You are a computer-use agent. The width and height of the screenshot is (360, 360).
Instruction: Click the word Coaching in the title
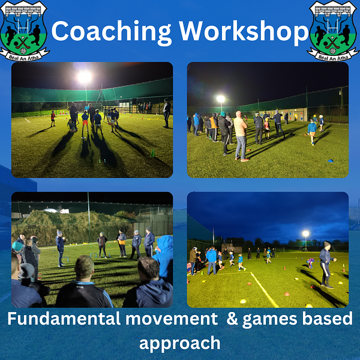[x=112, y=32]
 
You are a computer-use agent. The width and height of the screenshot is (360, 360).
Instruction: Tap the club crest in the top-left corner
[x=23, y=31]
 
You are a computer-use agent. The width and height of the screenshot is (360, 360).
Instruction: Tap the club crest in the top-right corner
[x=333, y=31]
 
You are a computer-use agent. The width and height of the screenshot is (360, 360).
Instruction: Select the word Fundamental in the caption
[x=64, y=319]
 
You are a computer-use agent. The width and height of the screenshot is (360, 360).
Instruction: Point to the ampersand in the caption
[x=232, y=319]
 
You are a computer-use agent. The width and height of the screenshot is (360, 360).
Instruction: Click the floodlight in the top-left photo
[x=84, y=77]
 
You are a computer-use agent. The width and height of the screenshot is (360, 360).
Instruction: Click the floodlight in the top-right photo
[x=221, y=99]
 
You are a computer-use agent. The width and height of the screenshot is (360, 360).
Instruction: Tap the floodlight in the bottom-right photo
[x=305, y=234]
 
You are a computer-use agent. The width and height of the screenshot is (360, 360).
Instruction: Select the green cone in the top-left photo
[x=152, y=153]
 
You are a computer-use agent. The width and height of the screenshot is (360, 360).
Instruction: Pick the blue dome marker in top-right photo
[x=331, y=161]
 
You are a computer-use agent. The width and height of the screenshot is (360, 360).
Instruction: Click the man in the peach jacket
[x=241, y=136]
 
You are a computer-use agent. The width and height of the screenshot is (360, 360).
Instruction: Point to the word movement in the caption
[x=172, y=319]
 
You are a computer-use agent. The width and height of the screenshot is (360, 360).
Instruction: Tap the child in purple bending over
[x=310, y=263]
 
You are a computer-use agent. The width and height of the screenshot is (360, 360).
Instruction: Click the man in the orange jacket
[x=214, y=128]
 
